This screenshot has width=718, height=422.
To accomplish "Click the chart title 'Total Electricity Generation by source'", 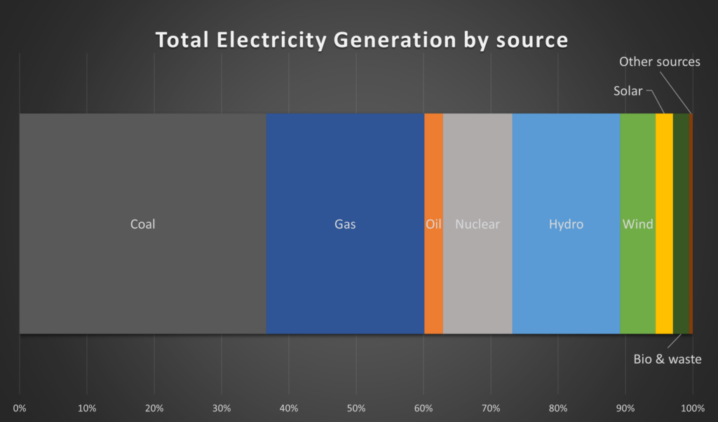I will [x=361, y=40].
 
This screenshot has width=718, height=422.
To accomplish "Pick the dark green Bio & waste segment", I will [x=681, y=224].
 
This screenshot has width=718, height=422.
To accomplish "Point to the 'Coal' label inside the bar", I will [x=143, y=224].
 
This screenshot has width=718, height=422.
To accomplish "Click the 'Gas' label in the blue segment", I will [x=345, y=224].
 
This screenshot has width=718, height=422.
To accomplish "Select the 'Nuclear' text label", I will [x=477, y=224].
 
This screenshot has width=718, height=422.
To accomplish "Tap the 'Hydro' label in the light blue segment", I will [x=566, y=224].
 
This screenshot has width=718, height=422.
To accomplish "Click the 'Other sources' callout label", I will [x=659, y=62].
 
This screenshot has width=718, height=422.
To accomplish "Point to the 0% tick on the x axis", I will [x=20, y=408].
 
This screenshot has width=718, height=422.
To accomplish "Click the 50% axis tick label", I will [x=356, y=408].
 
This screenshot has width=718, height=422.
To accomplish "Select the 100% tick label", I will [x=693, y=408].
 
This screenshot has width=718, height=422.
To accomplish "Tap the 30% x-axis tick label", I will [x=222, y=408].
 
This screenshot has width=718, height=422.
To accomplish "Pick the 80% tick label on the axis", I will [x=558, y=408].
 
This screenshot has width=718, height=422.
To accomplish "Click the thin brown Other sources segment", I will [x=691, y=224].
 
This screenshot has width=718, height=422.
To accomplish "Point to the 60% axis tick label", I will [x=424, y=408].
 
